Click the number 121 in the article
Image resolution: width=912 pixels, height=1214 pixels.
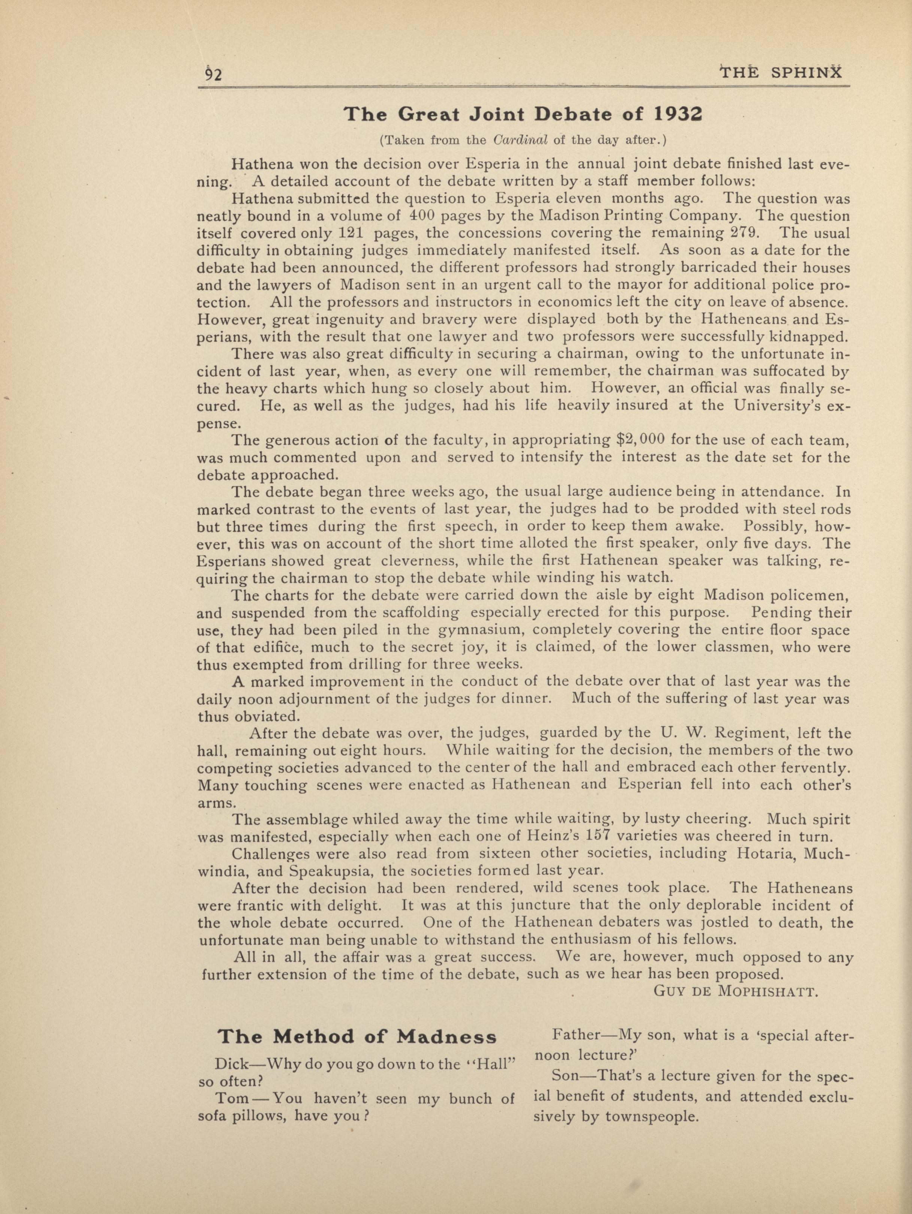click(350, 233)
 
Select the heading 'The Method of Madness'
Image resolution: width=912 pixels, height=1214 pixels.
click(357, 1037)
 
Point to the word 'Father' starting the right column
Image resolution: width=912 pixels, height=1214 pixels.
click(576, 1036)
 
